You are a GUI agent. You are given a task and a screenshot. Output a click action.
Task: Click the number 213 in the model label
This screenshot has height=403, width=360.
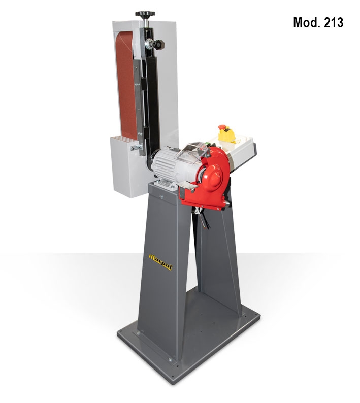pyautogui.click(x=333, y=23)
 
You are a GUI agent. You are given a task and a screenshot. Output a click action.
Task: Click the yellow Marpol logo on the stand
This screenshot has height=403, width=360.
pyautogui.click(x=160, y=262)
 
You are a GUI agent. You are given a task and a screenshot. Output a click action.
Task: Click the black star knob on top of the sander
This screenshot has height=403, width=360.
pyautogui.click(x=145, y=14)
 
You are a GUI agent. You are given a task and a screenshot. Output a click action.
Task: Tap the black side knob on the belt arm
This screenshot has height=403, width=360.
pyautogui.click(x=158, y=45)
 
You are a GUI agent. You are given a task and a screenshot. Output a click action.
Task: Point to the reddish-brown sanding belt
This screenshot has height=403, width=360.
pyautogui.click(x=126, y=85)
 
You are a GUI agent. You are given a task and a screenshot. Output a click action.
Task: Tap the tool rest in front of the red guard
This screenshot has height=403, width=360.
pyautogui.click(x=186, y=186)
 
